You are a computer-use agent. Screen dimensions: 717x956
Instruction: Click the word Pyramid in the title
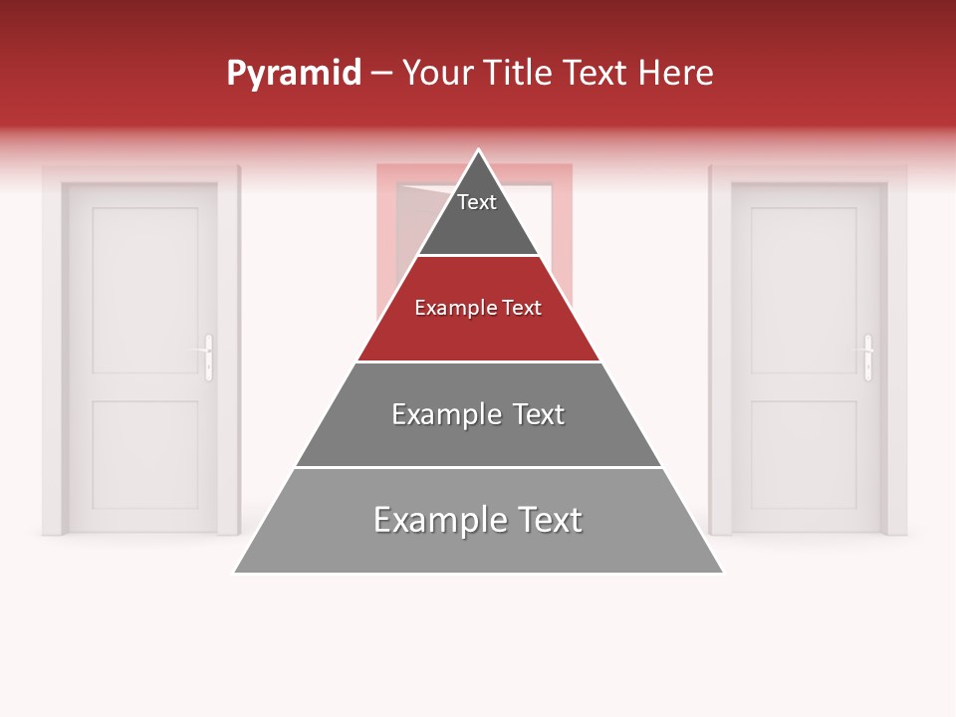[294, 74]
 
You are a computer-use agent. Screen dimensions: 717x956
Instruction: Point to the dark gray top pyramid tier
[478, 224]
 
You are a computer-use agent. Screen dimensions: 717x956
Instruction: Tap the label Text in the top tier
[477, 202]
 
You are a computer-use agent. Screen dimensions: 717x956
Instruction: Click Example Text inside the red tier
[478, 308]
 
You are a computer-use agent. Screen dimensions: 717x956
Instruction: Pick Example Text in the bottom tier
[478, 520]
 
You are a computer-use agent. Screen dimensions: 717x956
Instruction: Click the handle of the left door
[208, 357]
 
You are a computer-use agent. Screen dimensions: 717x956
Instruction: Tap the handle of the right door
[867, 357]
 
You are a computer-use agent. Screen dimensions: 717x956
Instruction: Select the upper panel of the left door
[144, 290]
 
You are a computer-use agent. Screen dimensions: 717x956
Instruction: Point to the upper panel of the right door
[804, 290]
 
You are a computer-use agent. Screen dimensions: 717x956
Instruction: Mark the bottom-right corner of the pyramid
[722, 572]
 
